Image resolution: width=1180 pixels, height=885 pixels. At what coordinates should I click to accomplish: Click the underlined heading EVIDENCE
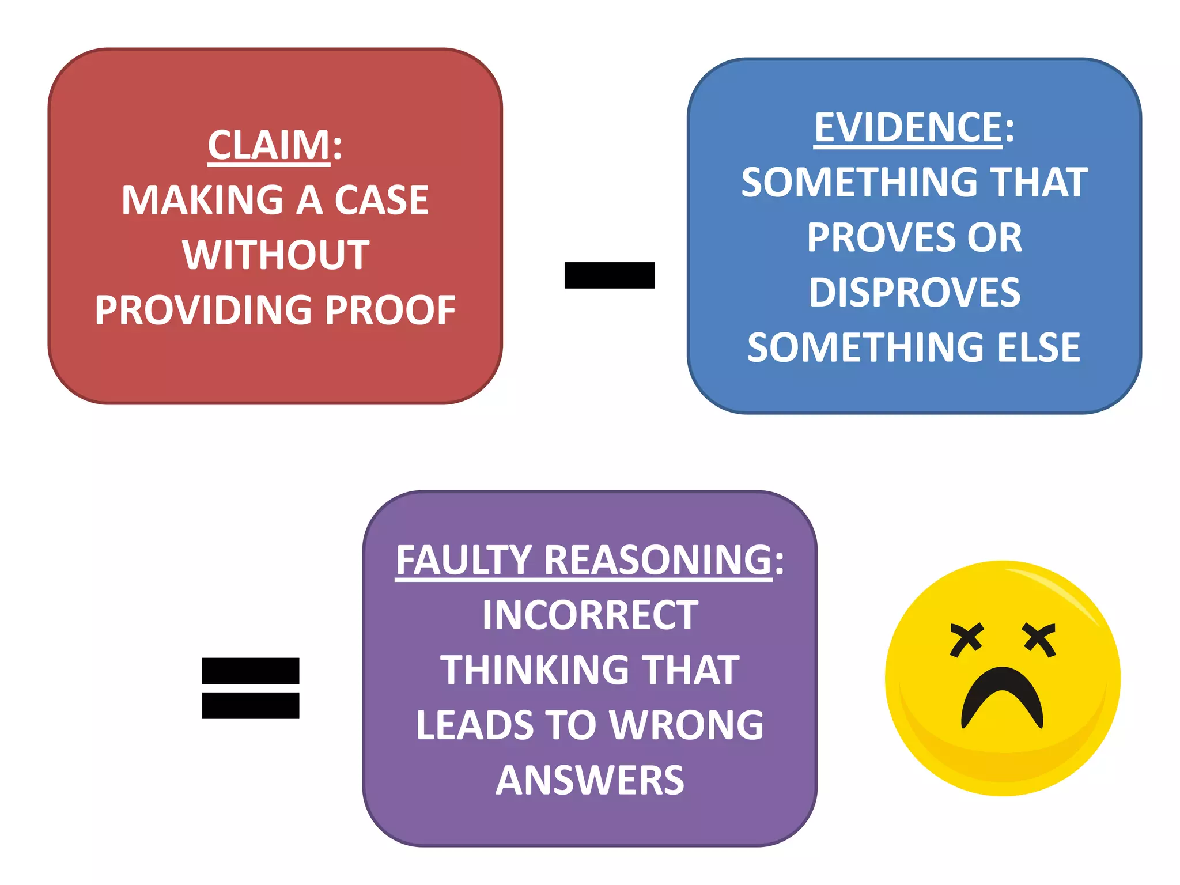click(x=908, y=127)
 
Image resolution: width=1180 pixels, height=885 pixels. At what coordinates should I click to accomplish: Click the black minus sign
click(x=609, y=275)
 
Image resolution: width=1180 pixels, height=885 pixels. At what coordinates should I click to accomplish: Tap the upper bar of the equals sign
click(x=251, y=671)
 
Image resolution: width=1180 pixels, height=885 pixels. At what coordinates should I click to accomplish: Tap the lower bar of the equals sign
click(x=251, y=705)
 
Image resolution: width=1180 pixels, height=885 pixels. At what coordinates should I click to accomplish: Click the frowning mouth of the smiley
click(x=1002, y=695)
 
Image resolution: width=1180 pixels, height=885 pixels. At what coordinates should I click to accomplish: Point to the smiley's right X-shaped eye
click(x=1039, y=640)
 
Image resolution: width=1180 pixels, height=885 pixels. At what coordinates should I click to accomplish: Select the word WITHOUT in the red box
click(x=276, y=255)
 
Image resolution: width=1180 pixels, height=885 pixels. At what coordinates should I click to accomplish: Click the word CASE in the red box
click(x=381, y=201)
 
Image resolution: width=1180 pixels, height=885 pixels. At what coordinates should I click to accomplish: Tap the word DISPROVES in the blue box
click(x=914, y=292)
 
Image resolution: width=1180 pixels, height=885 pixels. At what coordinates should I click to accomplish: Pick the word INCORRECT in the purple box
click(x=590, y=615)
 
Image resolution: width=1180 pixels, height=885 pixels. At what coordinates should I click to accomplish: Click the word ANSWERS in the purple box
click(x=590, y=780)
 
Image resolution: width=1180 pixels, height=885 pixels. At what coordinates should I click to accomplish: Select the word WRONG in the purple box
click(x=686, y=725)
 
